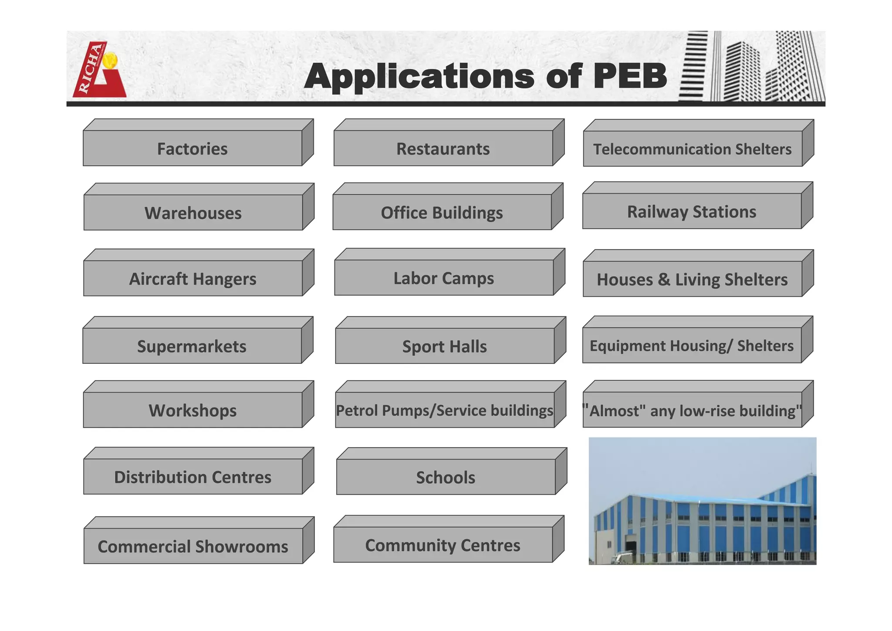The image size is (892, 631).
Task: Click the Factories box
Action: point(193,149)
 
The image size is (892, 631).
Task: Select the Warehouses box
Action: point(193,213)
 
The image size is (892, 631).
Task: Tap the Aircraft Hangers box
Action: point(193,278)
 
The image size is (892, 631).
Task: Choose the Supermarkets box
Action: point(192,346)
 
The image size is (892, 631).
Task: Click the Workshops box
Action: point(193,410)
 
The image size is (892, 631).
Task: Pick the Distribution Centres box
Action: point(193,477)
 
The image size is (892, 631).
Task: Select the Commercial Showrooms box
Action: point(193,546)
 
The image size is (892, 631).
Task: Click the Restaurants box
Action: point(443,149)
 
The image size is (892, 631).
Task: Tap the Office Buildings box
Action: point(442,213)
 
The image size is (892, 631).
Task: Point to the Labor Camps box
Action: point(444,278)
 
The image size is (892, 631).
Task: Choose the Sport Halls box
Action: point(445,346)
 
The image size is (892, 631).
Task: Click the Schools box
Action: point(446,477)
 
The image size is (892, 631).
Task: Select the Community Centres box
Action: point(443,545)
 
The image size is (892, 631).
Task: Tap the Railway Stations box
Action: point(692,211)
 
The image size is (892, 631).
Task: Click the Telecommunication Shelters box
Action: point(693,149)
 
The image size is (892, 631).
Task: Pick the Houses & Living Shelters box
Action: point(693,279)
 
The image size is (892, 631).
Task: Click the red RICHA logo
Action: point(99,70)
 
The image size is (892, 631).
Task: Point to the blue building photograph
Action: point(702,501)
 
